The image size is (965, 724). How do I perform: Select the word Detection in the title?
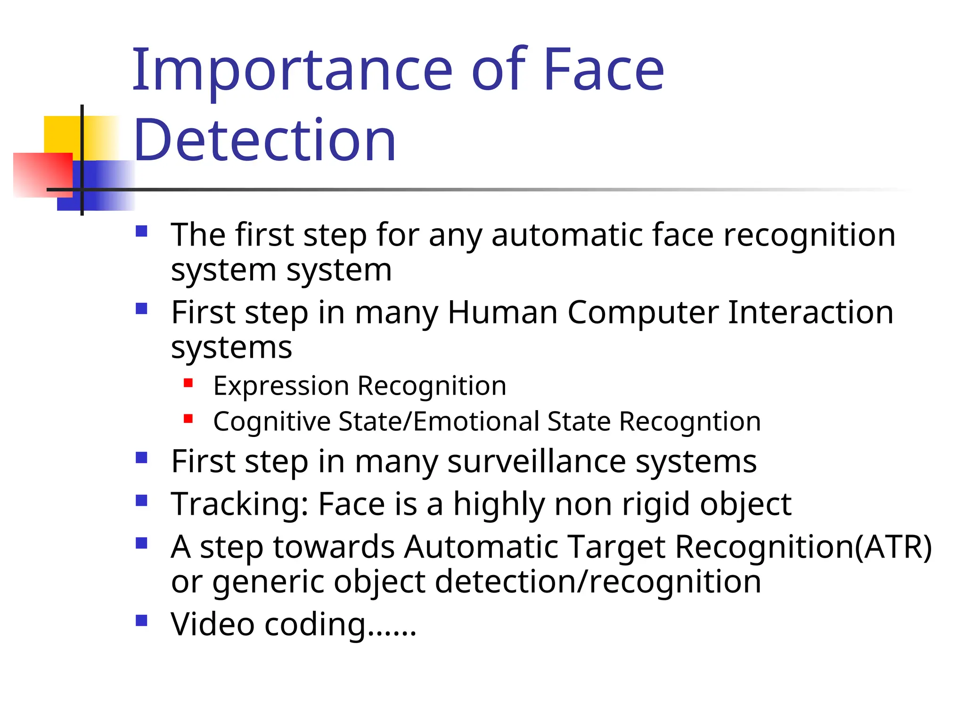265,140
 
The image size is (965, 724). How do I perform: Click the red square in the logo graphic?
42,174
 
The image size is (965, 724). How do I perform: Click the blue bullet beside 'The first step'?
141,231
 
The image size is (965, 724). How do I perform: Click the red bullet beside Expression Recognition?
188,383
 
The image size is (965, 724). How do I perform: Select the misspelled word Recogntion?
690,421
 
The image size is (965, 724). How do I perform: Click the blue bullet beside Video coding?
141,620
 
